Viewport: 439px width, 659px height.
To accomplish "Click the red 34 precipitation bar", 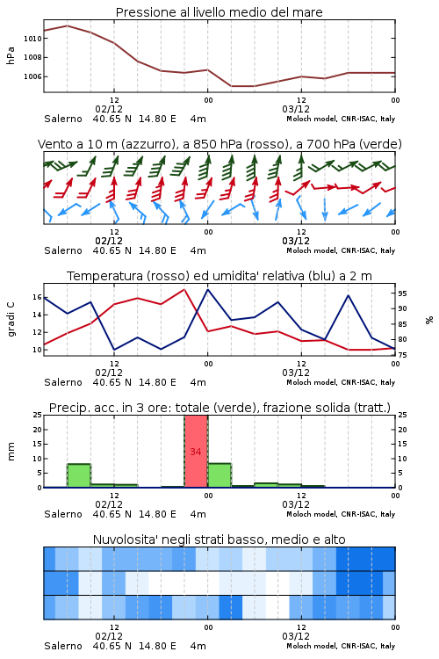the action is tap(196, 452).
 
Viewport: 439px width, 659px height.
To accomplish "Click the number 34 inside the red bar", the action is tap(196, 452).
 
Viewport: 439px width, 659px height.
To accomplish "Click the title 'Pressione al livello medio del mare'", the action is tap(219, 12).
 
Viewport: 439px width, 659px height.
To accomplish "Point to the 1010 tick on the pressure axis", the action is tap(32, 39).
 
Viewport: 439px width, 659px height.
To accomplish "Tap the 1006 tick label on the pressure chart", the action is tap(32, 76).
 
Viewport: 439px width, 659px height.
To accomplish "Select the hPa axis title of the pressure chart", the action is tap(11, 55).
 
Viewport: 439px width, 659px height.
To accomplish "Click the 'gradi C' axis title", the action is tap(11, 319).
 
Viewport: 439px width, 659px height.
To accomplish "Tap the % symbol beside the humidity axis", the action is tap(429, 320).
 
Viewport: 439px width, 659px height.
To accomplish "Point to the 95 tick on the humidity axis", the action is tap(402, 293).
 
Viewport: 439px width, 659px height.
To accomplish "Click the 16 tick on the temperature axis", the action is tap(38, 297).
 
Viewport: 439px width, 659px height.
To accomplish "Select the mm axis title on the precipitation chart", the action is tap(11, 452).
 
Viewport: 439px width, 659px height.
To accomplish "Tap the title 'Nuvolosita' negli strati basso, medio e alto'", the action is tap(219, 540).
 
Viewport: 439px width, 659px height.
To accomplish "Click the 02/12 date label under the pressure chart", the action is tap(109, 109).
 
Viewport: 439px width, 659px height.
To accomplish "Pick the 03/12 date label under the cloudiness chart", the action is tap(296, 636).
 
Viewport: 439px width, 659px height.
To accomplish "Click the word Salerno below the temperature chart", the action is tap(63, 382).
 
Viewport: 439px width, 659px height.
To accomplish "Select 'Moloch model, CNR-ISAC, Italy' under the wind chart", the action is tap(341, 250).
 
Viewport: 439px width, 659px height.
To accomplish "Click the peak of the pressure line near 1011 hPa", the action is tap(68, 25).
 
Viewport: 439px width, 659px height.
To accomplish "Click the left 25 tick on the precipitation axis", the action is tap(38, 415).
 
